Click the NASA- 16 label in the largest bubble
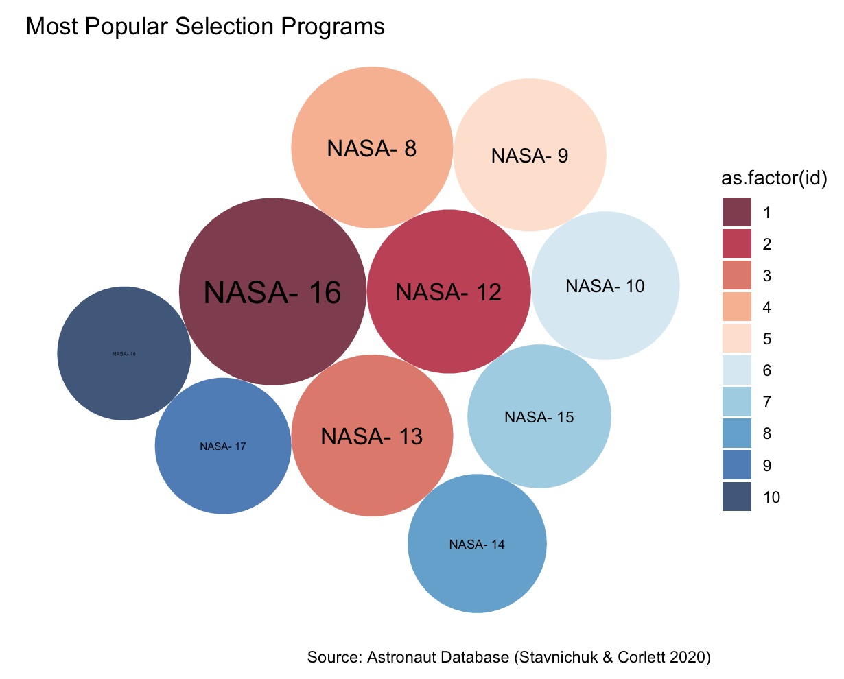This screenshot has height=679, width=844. click(x=272, y=293)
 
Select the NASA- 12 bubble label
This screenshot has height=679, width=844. click(x=449, y=292)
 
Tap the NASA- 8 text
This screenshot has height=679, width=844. click(x=372, y=149)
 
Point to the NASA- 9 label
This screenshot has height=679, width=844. click(x=530, y=156)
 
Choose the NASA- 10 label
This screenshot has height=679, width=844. click(x=605, y=286)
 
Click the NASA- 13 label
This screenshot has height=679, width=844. click(x=372, y=436)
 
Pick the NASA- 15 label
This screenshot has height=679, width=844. click(x=539, y=416)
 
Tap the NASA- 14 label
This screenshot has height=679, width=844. click(x=477, y=544)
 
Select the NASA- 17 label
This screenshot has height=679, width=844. click(x=222, y=446)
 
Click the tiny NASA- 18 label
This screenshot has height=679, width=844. click(x=124, y=354)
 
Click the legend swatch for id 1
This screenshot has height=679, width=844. click(x=736, y=213)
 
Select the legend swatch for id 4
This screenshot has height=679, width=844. click(x=736, y=307)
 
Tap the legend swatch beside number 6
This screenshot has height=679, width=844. click(x=736, y=370)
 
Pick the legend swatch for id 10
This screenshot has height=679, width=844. click(x=736, y=497)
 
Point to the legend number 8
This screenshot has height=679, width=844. click(x=766, y=434)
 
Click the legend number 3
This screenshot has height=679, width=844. click(x=766, y=276)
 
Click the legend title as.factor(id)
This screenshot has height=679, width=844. click(x=773, y=178)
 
